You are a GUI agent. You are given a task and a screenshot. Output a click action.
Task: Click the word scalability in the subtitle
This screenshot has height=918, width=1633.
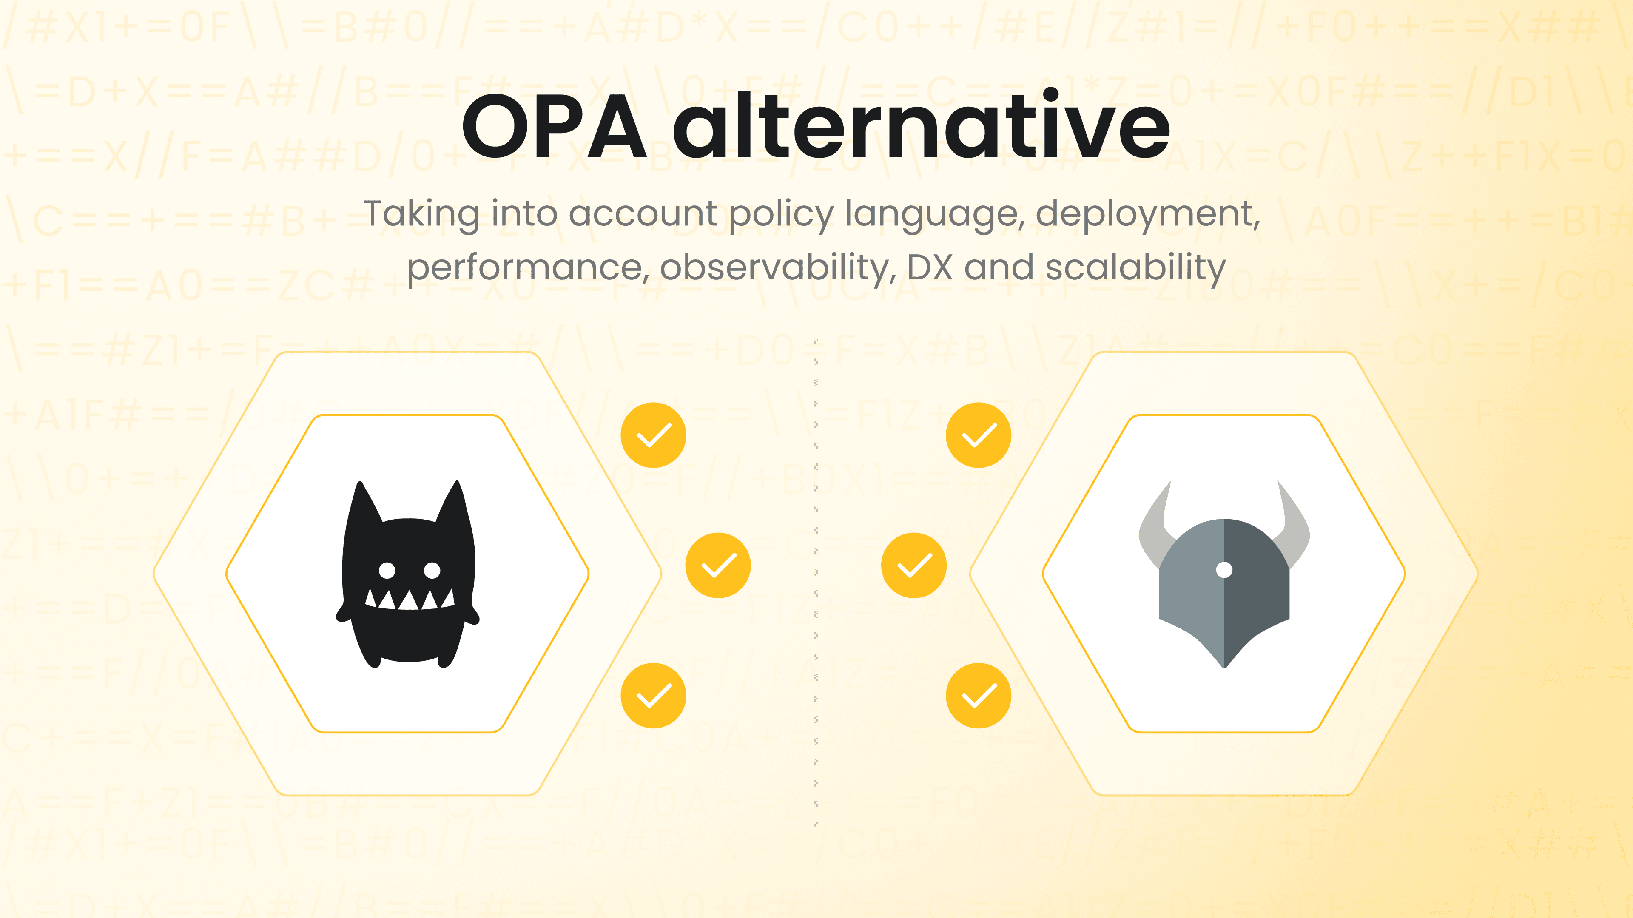click(x=1135, y=267)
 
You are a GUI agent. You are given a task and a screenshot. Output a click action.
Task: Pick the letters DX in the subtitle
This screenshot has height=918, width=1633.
click(x=930, y=267)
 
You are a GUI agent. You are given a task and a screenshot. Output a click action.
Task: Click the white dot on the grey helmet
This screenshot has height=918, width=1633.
click(x=1224, y=570)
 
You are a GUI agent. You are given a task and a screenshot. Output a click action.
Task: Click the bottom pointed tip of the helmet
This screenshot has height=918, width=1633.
click(x=1224, y=663)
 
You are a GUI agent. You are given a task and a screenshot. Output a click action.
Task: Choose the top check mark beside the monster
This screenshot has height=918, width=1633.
click(x=653, y=435)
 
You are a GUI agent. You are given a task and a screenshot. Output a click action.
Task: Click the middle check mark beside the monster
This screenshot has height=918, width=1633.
click(x=718, y=566)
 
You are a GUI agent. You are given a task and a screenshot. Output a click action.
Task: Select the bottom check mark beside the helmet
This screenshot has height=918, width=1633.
click(x=978, y=696)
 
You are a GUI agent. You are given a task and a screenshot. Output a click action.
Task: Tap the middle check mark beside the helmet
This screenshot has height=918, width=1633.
click(x=913, y=566)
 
